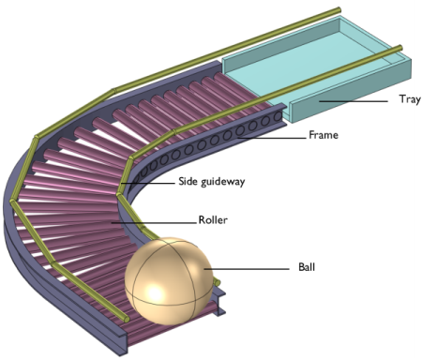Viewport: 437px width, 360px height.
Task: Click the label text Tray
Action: click(x=410, y=99)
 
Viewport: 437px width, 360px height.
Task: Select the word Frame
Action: click(x=324, y=135)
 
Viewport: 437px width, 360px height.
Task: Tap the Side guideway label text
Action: click(x=212, y=182)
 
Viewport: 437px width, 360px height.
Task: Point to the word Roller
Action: click(x=213, y=220)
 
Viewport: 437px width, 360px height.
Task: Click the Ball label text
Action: click(x=307, y=267)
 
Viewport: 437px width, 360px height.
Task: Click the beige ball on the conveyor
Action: click(x=169, y=280)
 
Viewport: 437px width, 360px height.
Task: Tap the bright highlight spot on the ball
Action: click(x=156, y=293)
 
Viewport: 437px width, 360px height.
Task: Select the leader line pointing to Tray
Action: click(x=354, y=101)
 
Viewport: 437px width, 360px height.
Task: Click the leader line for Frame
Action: click(x=271, y=138)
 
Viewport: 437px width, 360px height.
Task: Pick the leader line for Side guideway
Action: click(x=148, y=183)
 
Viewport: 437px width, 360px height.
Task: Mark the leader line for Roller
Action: click(x=154, y=223)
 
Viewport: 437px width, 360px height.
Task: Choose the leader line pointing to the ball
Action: click(x=247, y=269)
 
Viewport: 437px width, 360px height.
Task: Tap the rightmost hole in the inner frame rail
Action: click(x=278, y=116)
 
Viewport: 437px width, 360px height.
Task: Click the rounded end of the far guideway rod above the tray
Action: click(x=339, y=10)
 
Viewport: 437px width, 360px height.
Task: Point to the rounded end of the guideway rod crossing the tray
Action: click(x=399, y=49)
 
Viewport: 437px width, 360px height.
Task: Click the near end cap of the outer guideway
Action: click(x=126, y=320)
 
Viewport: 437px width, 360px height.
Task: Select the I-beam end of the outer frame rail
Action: click(x=122, y=343)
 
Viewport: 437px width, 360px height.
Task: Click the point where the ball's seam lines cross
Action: click(x=170, y=245)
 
